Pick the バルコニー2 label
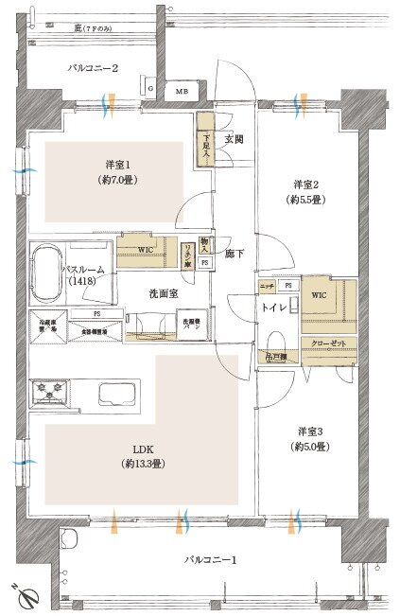pyautogui.click(x=92, y=68)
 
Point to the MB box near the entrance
pyautogui.click(x=182, y=91)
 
